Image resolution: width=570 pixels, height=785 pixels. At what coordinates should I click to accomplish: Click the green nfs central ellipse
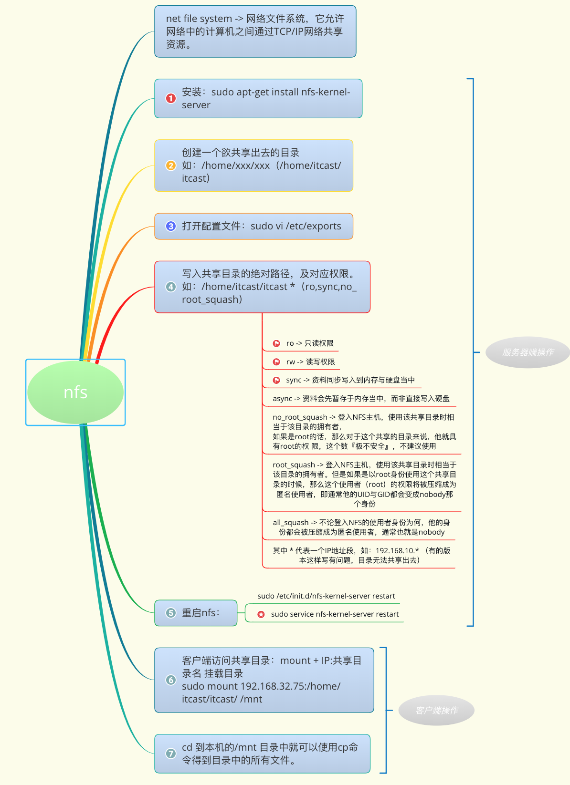pyautogui.click(x=75, y=392)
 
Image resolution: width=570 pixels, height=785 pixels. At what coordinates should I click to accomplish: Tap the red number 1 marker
pyautogui.click(x=170, y=98)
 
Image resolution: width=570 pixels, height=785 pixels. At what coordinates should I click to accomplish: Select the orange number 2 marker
pyautogui.click(x=170, y=165)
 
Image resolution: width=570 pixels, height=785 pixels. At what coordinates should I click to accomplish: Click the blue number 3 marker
pyautogui.click(x=170, y=226)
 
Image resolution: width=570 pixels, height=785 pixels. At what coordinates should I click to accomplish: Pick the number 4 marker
pyautogui.click(x=170, y=287)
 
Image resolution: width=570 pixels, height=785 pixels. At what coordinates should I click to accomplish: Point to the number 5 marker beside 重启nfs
pyautogui.click(x=170, y=613)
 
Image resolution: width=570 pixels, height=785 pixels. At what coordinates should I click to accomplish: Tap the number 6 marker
pyautogui.click(x=170, y=680)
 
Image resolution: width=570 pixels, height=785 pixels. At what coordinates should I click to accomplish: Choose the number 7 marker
pyautogui.click(x=170, y=754)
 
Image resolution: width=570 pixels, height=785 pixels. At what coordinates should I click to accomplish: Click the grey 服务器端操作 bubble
pyautogui.click(x=528, y=352)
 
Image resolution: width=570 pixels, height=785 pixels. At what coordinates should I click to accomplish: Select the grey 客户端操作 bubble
pyautogui.click(x=436, y=711)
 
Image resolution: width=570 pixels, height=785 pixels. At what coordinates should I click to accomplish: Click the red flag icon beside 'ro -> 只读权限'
pyautogui.click(x=276, y=343)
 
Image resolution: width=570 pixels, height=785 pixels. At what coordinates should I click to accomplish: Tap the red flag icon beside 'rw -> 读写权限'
pyautogui.click(x=276, y=362)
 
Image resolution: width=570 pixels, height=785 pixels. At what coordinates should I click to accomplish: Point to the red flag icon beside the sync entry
pyautogui.click(x=276, y=380)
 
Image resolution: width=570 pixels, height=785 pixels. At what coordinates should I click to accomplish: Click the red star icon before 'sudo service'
pyautogui.click(x=261, y=614)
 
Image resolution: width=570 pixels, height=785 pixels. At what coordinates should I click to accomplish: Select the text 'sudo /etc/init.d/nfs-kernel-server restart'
pyautogui.click(x=326, y=596)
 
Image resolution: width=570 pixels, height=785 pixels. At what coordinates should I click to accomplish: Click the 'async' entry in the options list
pyautogui.click(x=282, y=399)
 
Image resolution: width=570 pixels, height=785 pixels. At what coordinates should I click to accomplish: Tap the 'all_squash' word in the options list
pyautogui.click(x=290, y=523)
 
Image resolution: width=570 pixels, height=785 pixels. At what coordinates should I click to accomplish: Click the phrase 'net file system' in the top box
pyautogui.click(x=199, y=19)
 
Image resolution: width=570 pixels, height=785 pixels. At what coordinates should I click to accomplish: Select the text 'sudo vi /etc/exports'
pyautogui.click(x=296, y=226)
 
